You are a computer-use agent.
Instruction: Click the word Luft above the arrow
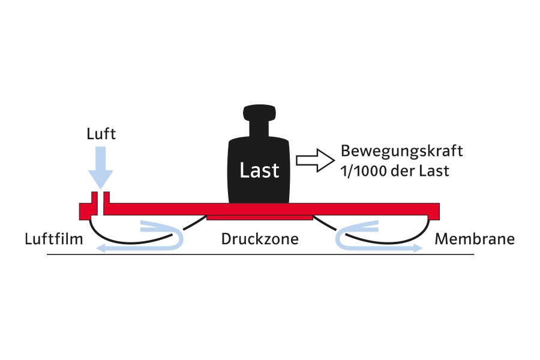coord(101,134)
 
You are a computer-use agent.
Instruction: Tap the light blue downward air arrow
coord(101,167)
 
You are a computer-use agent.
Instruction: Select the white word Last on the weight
coord(259,170)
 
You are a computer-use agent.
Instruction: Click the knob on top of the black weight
coord(259,113)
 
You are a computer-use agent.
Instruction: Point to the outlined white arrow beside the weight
coord(315,161)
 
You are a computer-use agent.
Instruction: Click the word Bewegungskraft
coord(401,151)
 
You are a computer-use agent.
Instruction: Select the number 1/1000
coord(364,171)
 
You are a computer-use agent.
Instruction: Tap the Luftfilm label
coord(54,239)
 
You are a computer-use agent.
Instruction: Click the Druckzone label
coord(260,239)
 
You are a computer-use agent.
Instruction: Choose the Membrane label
coord(475,239)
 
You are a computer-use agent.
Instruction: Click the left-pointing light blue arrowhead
coord(101,248)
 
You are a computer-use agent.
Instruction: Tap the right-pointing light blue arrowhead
coord(418,248)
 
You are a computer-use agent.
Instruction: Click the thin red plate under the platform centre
coord(260,217)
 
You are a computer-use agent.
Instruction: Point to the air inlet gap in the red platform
coord(100,203)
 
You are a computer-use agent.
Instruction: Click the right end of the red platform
coord(439,211)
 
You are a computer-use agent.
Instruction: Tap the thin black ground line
coord(260,254)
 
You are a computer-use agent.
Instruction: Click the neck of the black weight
coord(259,128)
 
